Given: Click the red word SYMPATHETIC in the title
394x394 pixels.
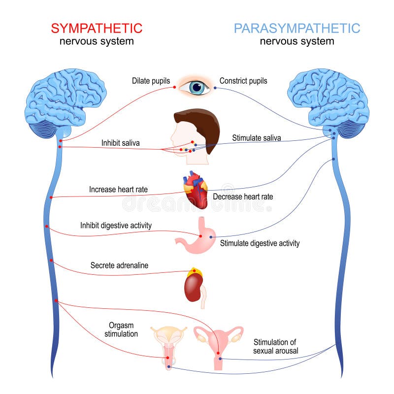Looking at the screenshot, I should [97, 28].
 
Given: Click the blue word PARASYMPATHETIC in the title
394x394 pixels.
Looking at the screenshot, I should [297, 28].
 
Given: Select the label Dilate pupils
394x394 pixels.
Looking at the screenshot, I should [151, 81].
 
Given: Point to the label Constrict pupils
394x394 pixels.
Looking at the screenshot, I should [243, 81].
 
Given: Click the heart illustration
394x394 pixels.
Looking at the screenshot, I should [196, 190].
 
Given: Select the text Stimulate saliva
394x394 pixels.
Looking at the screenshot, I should [257, 138].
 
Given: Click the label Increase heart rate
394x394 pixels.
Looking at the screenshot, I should [118, 189].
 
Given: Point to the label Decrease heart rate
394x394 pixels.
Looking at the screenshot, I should [243, 197].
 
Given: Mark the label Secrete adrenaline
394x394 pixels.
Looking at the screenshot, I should [119, 265].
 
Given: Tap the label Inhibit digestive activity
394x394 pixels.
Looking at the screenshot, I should [116, 226].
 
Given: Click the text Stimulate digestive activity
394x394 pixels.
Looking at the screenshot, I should [260, 243].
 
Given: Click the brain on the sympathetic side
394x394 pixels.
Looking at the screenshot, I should [66, 101].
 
